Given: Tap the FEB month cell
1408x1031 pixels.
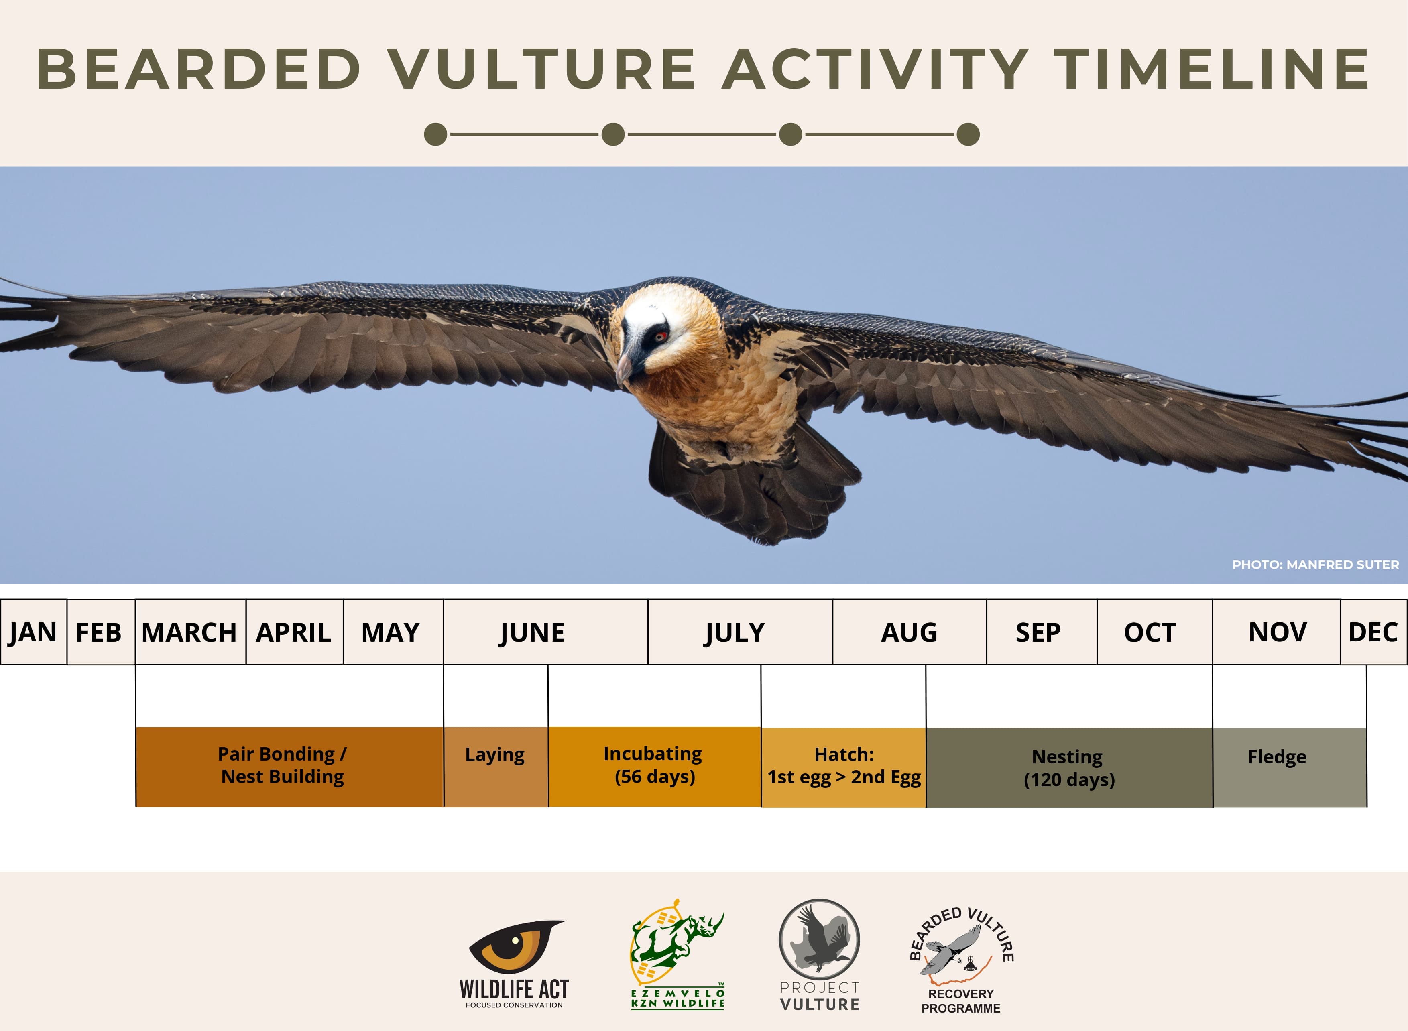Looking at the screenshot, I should [x=100, y=632].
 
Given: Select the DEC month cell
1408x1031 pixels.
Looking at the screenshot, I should [x=1373, y=632].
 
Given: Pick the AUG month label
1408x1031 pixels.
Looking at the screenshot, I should [x=909, y=632].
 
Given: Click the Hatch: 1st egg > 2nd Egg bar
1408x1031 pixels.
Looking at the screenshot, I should [x=843, y=767].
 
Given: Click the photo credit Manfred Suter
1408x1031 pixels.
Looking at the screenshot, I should [x=1315, y=565].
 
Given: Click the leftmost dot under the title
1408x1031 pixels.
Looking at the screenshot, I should [x=435, y=134].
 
